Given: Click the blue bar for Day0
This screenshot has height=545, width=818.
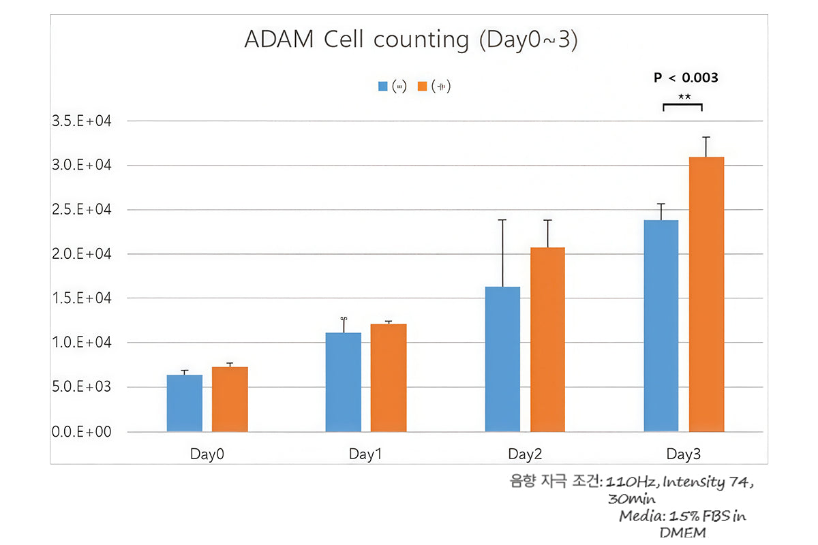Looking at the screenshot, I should [184, 403].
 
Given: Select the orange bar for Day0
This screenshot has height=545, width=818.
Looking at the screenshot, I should [230, 399].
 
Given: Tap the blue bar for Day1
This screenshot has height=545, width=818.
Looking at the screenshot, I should [343, 382].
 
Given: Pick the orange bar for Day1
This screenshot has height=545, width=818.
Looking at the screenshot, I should [389, 378].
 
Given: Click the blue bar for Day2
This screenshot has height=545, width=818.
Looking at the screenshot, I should [502, 359].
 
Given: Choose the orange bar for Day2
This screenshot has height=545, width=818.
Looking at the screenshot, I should [547, 339].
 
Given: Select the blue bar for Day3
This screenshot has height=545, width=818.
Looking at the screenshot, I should [661, 326].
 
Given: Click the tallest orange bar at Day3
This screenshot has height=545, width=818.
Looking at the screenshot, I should [706, 294].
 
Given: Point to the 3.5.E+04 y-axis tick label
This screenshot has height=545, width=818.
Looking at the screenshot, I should [80, 121].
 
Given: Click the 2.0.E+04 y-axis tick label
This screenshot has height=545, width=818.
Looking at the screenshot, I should [80, 254].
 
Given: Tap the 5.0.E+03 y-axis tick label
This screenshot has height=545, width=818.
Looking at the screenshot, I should [80, 387].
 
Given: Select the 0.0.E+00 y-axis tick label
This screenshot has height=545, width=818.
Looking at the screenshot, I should [80, 432].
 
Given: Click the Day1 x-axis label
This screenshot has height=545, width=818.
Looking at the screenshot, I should [365, 454].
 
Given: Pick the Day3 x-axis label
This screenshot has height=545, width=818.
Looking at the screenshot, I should [684, 454].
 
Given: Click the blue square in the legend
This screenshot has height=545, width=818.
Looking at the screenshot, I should [383, 87].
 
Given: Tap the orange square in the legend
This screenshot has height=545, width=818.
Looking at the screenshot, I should [422, 87].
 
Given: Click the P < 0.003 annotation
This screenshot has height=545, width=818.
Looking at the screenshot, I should [686, 78].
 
